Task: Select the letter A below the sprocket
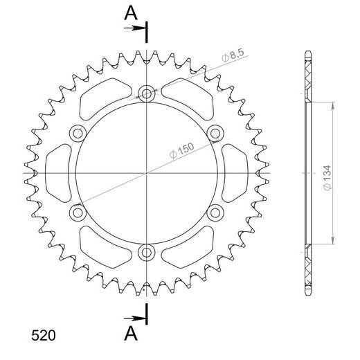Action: pyautogui.click(x=130, y=335)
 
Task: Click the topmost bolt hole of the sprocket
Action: pyautogui.click(x=147, y=93)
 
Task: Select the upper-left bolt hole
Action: pyautogui.click(x=78, y=133)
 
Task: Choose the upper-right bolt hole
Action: pyautogui.click(x=215, y=133)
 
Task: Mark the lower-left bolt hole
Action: pyautogui.click(x=78, y=212)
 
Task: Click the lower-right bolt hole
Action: pyautogui.click(x=215, y=212)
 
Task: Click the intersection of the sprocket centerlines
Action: pyautogui.click(x=147, y=172)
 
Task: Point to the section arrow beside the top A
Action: pyautogui.click(x=136, y=28)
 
